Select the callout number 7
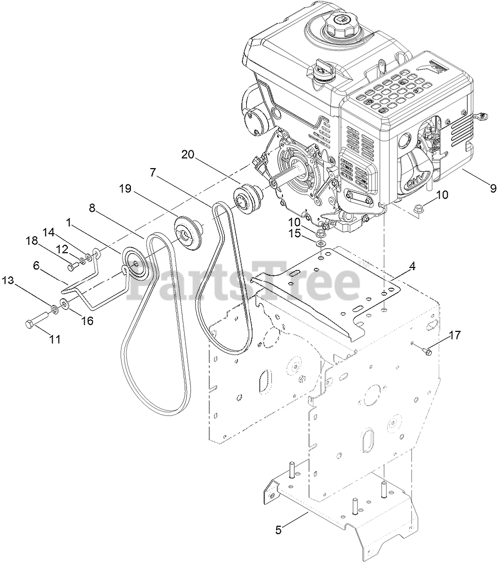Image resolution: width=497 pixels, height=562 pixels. [153, 172]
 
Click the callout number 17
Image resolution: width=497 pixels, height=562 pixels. [455, 334]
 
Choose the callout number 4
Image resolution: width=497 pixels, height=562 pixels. [412, 266]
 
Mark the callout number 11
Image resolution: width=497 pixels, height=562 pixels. [55, 339]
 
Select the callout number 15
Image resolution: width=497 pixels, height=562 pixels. [295, 233]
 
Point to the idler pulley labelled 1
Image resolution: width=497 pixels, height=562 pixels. [135, 261]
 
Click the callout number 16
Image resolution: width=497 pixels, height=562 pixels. [86, 320]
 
